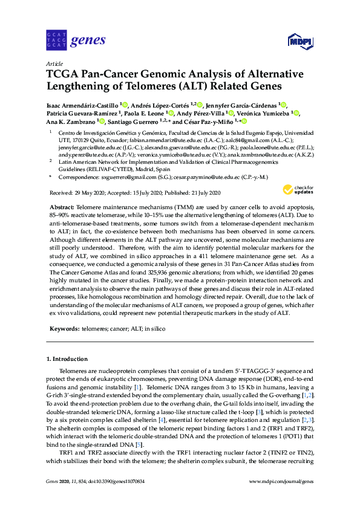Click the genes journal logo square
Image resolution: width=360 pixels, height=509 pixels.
pos(56,41)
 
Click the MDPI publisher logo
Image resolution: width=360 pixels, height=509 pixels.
pos(300,41)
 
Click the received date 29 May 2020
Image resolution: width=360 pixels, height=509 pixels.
pos(93,193)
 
